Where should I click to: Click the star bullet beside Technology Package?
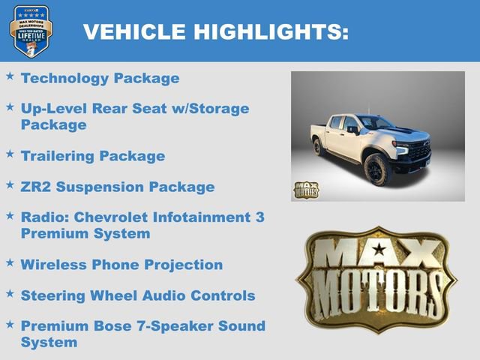pyautogui.click(x=10, y=76)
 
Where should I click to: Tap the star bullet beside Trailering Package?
pyautogui.click(x=10, y=154)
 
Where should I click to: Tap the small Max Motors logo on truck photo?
pyautogui.click(x=305, y=190)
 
